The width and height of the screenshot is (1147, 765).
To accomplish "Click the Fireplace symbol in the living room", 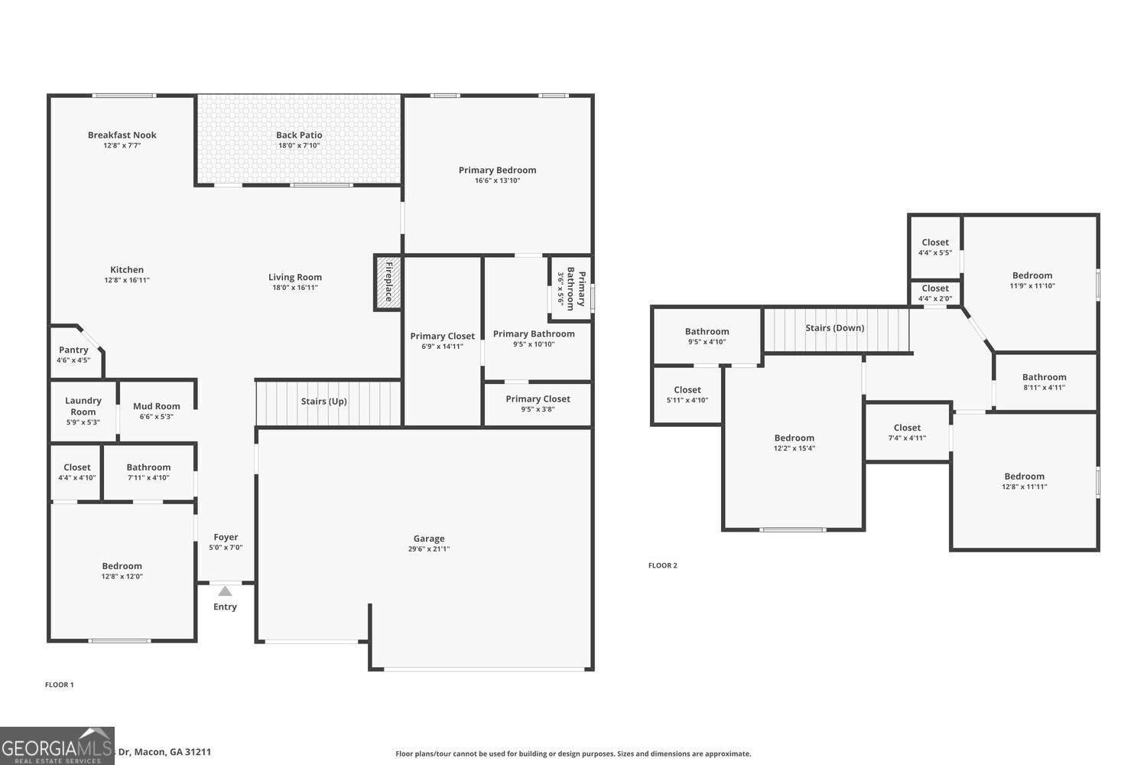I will (x=388, y=282).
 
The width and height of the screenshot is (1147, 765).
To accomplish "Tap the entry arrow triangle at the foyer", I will (x=225, y=591).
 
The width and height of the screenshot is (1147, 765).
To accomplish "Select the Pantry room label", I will (x=73, y=350).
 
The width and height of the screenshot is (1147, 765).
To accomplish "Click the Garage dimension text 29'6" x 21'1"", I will (x=429, y=549).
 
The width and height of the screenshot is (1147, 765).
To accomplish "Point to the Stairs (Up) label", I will (x=323, y=401).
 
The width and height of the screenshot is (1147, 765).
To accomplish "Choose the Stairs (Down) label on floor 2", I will (x=834, y=327).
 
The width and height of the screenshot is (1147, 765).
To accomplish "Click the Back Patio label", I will (x=299, y=135).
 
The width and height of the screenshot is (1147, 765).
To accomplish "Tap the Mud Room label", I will (x=157, y=406).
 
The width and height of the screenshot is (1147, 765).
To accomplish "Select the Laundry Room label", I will (x=83, y=406).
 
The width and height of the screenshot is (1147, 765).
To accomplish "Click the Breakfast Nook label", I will (x=122, y=135).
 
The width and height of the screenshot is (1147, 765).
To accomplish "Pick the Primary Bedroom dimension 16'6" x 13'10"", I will (x=497, y=181).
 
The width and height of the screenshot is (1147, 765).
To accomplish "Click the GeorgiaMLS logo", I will (x=57, y=746).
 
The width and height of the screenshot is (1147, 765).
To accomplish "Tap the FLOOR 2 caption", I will (x=663, y=565).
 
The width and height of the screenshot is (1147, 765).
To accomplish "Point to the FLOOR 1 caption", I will (x=60, y=685).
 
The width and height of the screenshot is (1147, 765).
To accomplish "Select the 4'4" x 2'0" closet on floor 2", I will (x=935, y=293).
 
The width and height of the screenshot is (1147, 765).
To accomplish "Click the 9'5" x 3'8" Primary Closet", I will (x=538, y=403).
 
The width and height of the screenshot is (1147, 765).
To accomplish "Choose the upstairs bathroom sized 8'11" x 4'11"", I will (x=1044, y=381).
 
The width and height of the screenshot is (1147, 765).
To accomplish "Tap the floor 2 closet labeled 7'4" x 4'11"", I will (x=907, y=432).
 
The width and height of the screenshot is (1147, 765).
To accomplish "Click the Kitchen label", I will (x=127, y=269).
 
